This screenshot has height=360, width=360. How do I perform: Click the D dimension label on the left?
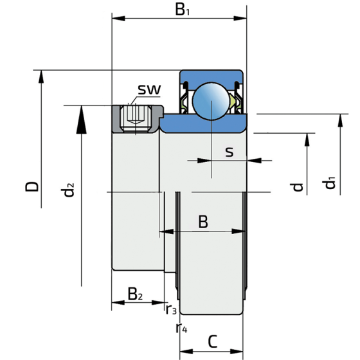pyautogui.click(x=32, y=187)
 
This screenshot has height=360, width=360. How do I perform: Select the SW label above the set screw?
pyautogui.click(x=149, y=90)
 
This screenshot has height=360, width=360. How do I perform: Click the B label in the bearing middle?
pyautogui.click(x=203, y=222)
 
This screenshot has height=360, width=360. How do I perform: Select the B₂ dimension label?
pyautogui.click(x=135, y=294)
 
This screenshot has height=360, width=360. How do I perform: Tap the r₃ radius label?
pyautogui.click(x=171, y=310)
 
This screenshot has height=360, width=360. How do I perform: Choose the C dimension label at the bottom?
pyautogui.click(x=212, y=341)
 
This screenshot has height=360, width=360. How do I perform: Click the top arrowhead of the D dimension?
pyautogui.click(x=42, y=75)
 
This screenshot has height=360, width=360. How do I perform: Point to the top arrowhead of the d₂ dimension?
pyautogui.click(x=81, y=113)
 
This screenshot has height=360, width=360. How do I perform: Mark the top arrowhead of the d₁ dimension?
pyautogui.click(x=337, y=122)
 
